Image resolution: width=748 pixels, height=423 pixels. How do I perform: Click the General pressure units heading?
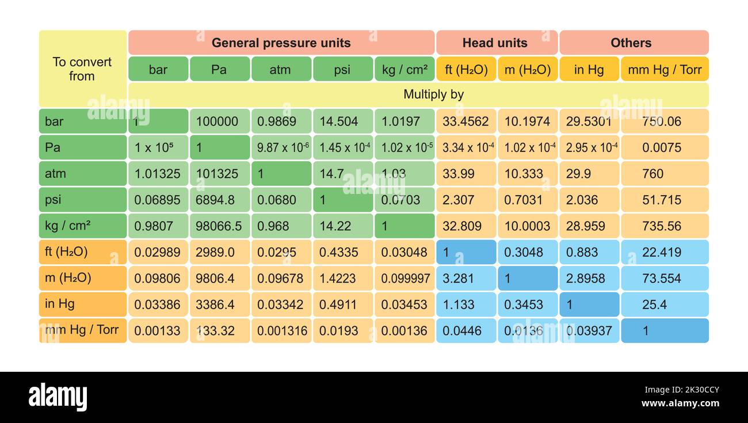click(281, 43)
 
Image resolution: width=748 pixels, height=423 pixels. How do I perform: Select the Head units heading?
click(495, 43)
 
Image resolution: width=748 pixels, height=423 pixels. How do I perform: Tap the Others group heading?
click(631, 43)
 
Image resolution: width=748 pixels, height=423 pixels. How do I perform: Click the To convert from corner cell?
click(82, 69)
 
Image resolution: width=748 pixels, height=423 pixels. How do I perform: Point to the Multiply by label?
click(433, 94)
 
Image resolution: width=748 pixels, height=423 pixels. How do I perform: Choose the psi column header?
click(342, 70)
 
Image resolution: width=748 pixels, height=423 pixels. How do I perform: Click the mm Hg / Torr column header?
click(665, 70)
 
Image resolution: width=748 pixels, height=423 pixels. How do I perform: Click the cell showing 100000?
click(219, 121)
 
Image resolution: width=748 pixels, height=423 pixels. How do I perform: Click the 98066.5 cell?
click(219, 226)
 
